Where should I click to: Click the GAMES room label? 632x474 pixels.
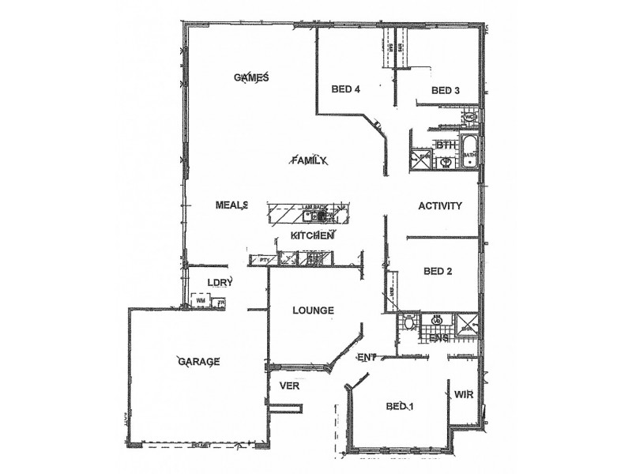click(253, 77)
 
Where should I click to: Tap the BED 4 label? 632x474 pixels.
click(346, 89)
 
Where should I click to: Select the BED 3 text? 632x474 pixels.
click(446, 91)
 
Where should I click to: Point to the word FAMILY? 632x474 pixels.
click(309, 160)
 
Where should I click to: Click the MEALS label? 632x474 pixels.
click(232, 205)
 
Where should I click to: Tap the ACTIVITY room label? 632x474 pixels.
click(439, 205)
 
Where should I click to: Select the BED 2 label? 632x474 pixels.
click(438, 271)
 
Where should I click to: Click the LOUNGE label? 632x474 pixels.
click(312, 310)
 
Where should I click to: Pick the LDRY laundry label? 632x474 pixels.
click(218, 282)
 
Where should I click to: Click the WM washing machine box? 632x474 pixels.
click(201, 300)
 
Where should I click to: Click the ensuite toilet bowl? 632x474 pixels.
click(408, 323)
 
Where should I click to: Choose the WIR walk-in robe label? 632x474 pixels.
click(463, 395)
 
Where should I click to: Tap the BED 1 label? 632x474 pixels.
click(401, 407)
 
